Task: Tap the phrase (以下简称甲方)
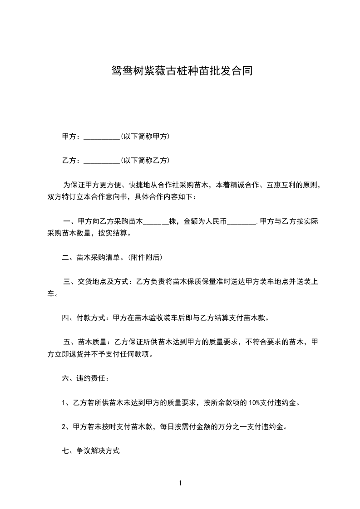145,136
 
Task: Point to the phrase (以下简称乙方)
145,160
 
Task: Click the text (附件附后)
144,258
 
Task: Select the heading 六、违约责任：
85,378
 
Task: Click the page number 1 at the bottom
180,483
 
